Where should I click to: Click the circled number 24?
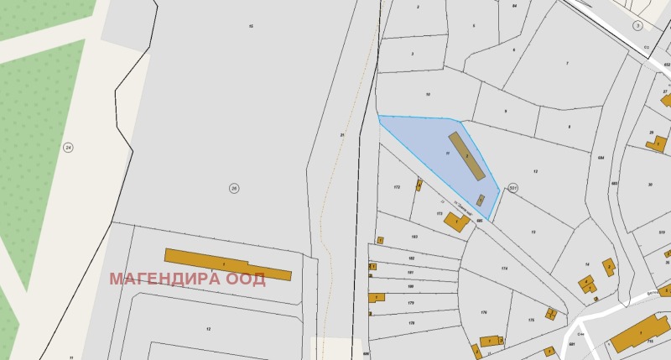click(68, 147)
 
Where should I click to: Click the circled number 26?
click(234, 188)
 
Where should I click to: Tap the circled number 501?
click(513, 188)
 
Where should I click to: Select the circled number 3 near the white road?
click(637, 26)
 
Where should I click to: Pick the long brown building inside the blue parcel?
click(466, 156)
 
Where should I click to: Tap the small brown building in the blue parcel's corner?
click(480, 200)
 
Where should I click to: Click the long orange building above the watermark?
click(227, 264)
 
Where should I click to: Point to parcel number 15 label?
click(250, 27)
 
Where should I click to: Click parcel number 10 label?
click(428, 95)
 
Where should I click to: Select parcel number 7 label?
click(567, 64)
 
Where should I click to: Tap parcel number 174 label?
click(504, 269)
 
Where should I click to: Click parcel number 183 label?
click(414, 237)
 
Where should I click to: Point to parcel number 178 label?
click(411, 323)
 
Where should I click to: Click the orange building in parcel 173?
click(455, 222)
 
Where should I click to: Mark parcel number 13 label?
click(533, 232)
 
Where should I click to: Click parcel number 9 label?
click(505, 112)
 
